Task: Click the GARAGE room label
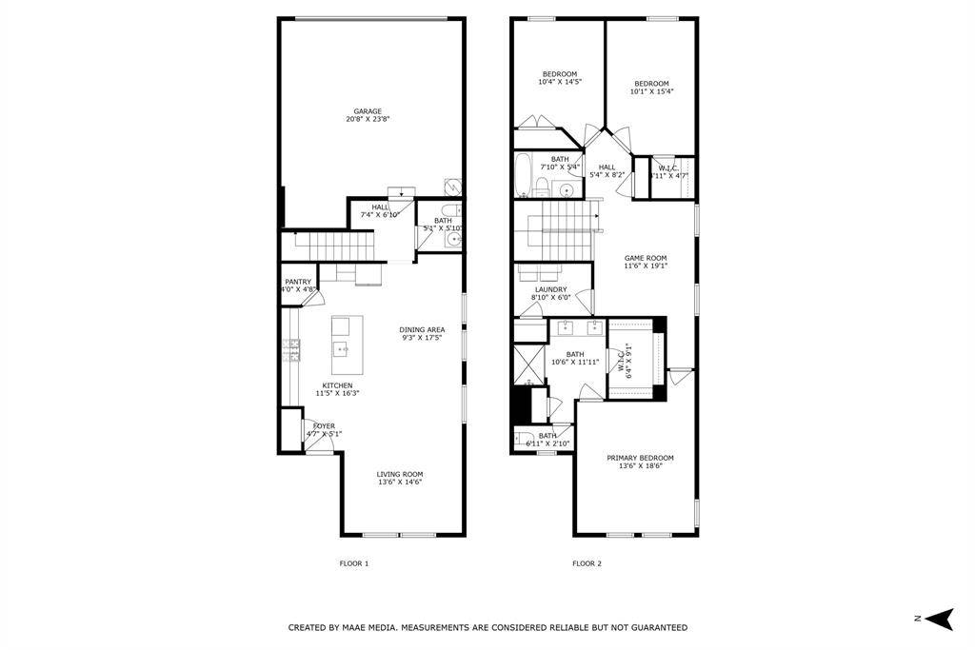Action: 368,111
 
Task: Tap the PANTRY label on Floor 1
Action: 298,282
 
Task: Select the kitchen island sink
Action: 341,350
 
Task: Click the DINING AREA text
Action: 422,330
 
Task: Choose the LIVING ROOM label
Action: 399,474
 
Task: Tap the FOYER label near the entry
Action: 324,426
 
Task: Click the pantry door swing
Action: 308,298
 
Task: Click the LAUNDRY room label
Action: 550,289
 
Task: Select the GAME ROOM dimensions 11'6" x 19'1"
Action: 646,266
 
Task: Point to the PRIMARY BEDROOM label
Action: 640,458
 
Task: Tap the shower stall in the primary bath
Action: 527,362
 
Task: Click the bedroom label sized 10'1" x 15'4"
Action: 651,84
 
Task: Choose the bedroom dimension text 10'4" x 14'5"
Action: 560,82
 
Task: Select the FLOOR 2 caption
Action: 587,563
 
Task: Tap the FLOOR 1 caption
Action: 353,563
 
